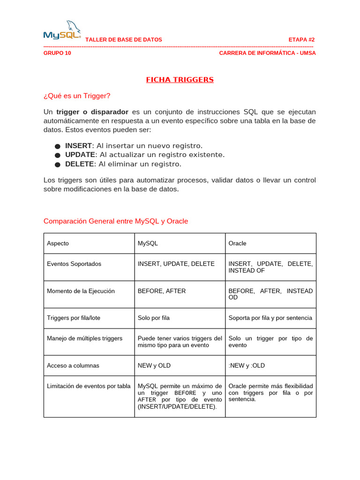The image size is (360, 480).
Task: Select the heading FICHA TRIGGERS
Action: pos(180,80)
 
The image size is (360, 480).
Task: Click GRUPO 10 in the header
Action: pos(57,53)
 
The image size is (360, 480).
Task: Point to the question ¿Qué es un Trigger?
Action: pos(77,96)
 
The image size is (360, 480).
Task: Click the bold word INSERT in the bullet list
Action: pos(78,146)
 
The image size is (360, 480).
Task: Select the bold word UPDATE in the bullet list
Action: pos(80,155)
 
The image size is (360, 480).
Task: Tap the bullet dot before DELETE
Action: pos(57,165)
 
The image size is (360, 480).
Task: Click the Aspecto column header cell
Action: pos(58,243)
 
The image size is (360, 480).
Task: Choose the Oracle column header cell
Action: pos(237,243)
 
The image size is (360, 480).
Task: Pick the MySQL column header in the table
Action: pos(148,243)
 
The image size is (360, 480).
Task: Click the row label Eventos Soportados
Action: pos(74,264)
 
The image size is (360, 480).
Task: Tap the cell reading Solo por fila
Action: pos(154,318)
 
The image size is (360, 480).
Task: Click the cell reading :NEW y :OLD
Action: pos(247,366)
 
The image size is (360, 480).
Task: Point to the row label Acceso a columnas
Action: pos(73,366)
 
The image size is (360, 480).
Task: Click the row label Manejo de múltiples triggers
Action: pos(84,338)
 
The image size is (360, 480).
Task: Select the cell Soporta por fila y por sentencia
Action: pos(270,318)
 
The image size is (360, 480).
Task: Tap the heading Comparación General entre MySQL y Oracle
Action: pos(116,221)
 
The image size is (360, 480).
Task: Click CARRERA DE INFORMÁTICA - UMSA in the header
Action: pos(267,53)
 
